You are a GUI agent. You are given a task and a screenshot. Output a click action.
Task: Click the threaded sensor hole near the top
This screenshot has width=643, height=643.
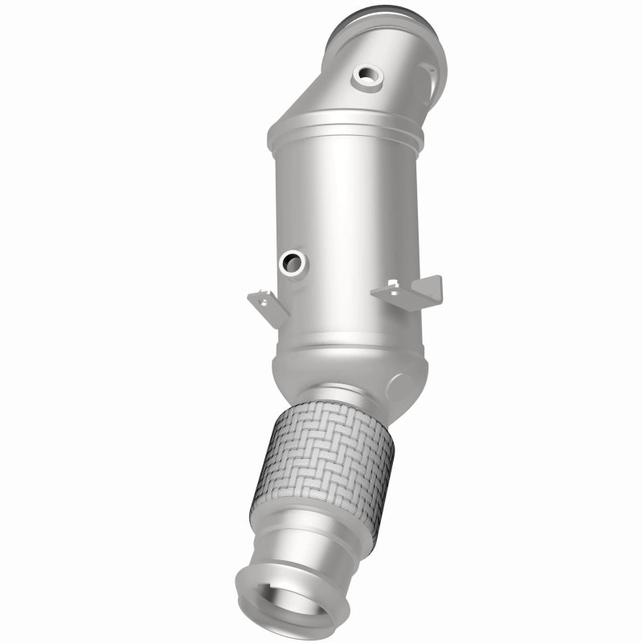pyautogui.click(x=368, y=76)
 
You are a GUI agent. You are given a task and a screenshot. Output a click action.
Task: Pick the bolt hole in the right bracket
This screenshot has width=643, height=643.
pyautogui.click(x=393, y=285)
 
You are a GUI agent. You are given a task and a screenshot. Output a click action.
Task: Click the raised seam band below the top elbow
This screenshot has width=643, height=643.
pyautogui.click(x=346, y=129)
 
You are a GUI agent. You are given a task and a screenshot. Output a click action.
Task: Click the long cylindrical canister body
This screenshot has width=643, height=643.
pyautogui.click(x=346, y=225)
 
